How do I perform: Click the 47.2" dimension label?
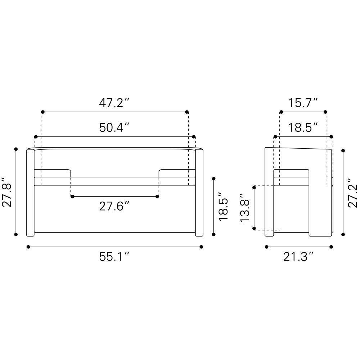click(114, 103)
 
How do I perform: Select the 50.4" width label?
click(114, 127)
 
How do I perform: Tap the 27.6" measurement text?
click(114, 206)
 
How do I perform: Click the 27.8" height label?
click(6, 192)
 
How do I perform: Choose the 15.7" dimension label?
click(303, 103)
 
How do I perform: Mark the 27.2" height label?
click(352, 193)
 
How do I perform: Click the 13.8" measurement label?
click(244, 208)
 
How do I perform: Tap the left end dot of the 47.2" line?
click(42, 112)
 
